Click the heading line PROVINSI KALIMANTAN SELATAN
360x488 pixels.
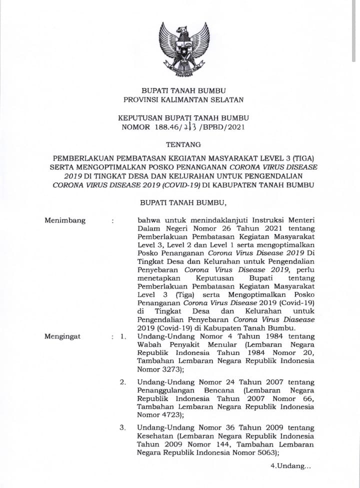(183, 99)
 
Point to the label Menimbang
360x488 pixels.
(65, 220)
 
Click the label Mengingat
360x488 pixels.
(63, 336)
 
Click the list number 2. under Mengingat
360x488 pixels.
(122, 382)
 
